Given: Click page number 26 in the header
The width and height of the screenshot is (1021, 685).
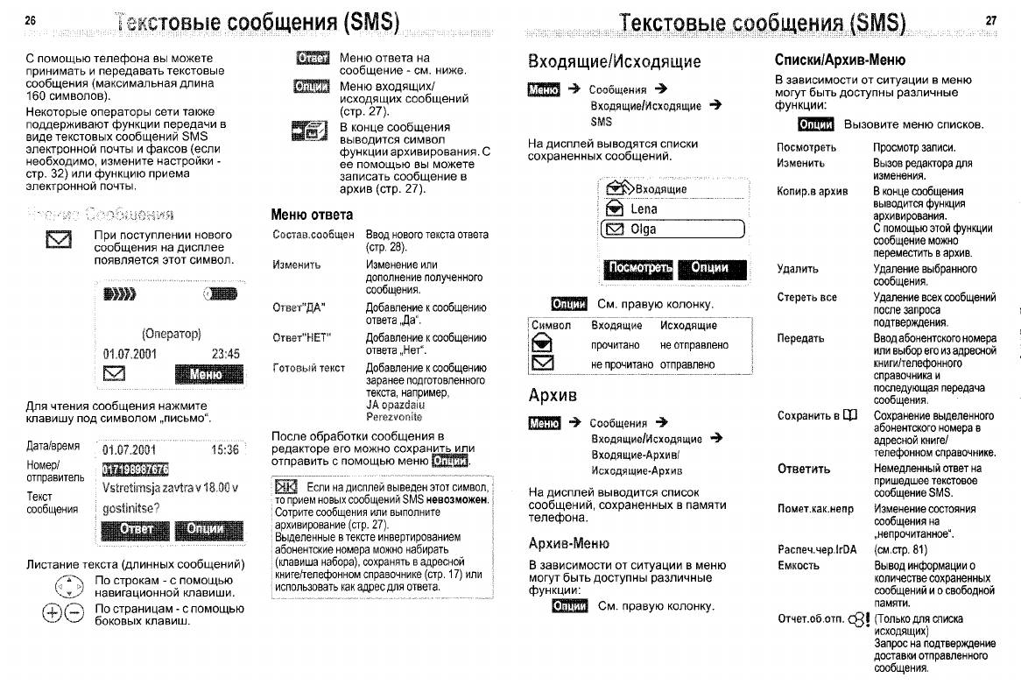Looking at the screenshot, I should [31, 19].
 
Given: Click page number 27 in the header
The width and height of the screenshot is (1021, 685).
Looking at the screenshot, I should [990, 19].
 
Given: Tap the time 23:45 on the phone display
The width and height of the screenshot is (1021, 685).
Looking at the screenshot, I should [225, 355].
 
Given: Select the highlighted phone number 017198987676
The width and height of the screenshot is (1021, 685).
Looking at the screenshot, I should [135, 470].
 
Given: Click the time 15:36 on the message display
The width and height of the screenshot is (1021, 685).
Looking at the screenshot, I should [225, 450].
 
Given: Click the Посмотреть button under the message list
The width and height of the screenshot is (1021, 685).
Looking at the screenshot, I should [638, 268].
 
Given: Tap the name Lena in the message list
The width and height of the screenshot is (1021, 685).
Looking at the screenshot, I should [644, 209].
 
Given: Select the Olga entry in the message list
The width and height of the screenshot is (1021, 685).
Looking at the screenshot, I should [644, 230].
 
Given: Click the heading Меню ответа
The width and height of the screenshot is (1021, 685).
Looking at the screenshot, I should [312, 215].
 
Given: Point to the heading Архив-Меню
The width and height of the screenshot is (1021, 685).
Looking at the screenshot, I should [568, 543].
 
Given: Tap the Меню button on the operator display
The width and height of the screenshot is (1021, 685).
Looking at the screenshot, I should [207, 375].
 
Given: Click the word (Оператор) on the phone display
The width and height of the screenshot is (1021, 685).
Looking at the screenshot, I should [172, 334].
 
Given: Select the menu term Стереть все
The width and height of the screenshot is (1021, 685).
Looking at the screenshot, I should [806, 297].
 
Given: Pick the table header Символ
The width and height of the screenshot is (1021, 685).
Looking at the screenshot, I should [552, 325].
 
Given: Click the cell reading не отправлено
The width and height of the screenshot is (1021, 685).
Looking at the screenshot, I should [694, 345].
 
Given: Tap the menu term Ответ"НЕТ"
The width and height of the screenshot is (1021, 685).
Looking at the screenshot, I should [300, 338].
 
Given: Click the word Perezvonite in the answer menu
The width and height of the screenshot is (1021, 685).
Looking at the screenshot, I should [393, 417].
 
